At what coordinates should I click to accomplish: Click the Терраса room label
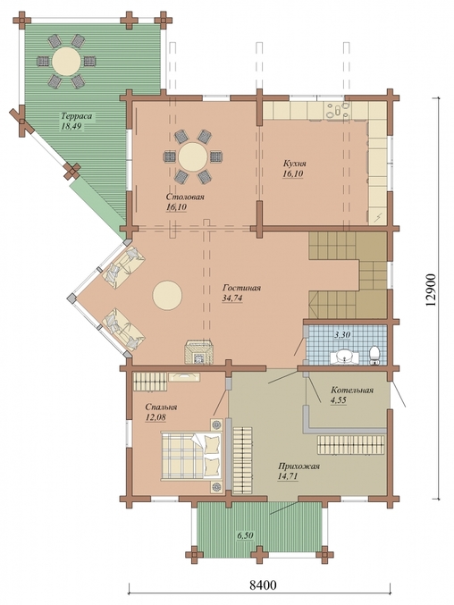pos(78,116)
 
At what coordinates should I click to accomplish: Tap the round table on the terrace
pos(66,61)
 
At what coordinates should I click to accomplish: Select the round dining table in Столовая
pos(192,157)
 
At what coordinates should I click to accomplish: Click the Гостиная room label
pos(242,289)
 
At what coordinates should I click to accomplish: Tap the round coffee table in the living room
pos(167,295)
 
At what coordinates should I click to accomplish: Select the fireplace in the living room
pos(199,352)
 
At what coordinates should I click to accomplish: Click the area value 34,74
pos(232,298)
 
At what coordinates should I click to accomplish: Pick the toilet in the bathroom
pos(374,356)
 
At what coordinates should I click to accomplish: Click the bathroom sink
pos(344,357)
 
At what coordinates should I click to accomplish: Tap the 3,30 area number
pos(341,335)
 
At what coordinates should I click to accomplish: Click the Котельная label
pos(352,391)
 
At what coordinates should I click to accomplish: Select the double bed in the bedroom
pos(192,457)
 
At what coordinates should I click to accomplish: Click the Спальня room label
pos(161,408)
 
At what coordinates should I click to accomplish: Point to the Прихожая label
pos(298,466)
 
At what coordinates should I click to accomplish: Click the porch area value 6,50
pos(245,535)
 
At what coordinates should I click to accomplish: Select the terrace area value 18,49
pos(71,126)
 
